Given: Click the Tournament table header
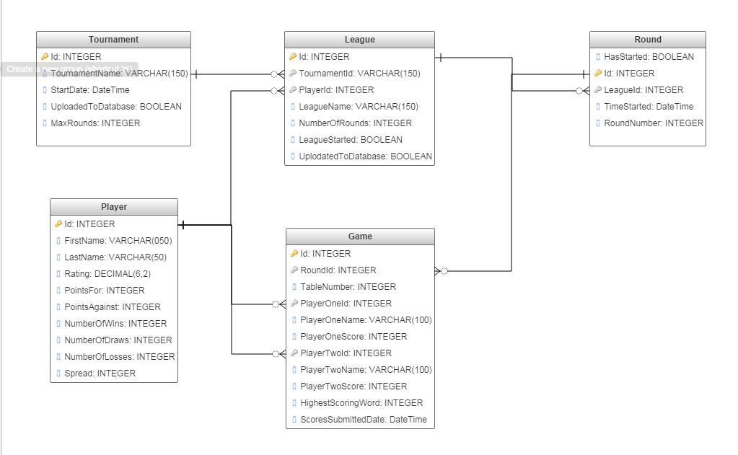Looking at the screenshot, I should click(113, 40).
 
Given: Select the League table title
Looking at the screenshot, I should click(359, 40).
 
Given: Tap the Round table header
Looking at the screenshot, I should click(647, 40).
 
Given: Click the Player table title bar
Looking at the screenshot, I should click(113, 207).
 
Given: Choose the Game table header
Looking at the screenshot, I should click(360, 237).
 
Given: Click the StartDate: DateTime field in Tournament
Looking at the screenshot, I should click(89, 90).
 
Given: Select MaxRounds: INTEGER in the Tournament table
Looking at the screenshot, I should click(95, 123).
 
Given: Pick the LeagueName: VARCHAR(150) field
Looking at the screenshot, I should click(359, 107).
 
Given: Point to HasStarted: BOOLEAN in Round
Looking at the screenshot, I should click(649, 57).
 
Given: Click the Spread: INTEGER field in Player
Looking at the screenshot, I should click(100, 374).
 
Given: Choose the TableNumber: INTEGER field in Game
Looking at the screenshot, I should click(348, 287).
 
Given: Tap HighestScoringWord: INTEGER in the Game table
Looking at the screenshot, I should click(361, 403).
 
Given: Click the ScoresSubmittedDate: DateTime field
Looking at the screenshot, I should click(363, 420).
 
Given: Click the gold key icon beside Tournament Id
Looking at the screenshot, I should click(45, 56).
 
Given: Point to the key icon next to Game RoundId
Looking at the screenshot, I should click(294, 270).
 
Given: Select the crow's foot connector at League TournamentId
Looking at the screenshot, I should click(277, 74).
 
